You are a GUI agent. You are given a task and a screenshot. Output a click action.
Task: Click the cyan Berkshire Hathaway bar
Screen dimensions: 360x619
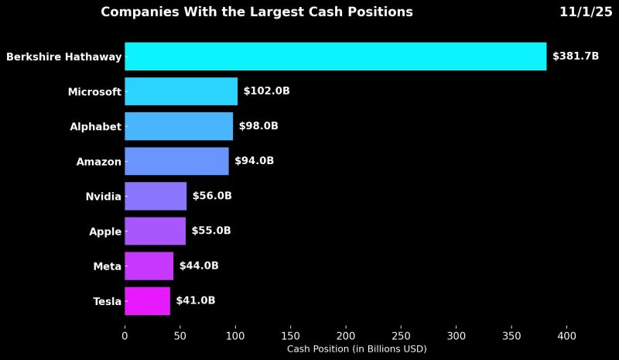coord(335,57)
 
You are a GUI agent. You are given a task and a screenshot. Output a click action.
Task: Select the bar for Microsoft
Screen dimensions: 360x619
coord(181,91)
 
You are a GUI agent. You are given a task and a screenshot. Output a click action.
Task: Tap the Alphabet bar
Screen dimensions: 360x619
coord(179,126)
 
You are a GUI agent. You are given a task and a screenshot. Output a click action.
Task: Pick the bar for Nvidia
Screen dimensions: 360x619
coord(156,196)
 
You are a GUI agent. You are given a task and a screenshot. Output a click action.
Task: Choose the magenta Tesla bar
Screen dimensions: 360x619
coord(147,300)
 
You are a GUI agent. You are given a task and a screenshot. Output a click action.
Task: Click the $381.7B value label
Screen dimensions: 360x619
coord(576,57)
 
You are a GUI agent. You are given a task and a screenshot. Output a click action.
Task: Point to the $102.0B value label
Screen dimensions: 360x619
coord(266,91)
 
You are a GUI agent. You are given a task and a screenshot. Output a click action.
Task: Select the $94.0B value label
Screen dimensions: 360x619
coord(254,161)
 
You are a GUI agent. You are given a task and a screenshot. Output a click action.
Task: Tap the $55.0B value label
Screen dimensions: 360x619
coord(211,231)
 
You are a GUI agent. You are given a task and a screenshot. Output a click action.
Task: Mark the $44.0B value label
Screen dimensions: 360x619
coord(199,266)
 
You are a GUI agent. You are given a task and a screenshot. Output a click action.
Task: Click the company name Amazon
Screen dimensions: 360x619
coord(98,162)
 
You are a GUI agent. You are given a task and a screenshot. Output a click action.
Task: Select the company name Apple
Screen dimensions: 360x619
coord(105,231)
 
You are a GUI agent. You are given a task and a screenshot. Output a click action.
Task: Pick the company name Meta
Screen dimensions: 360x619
coord(107,266)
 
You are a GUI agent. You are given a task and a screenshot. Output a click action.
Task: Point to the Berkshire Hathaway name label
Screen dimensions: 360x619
coord(63,57)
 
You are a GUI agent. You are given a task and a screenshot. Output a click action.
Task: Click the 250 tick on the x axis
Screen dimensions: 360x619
coord(401,336)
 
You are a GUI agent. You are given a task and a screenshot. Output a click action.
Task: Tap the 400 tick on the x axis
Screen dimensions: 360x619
coord(566,336)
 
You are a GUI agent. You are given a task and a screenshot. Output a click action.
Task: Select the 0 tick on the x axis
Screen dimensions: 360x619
coord(125,336)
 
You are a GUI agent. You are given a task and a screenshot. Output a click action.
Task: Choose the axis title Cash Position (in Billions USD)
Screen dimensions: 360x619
coord(357,349)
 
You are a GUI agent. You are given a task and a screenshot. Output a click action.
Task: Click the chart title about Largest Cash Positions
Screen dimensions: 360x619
coord(257,12)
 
